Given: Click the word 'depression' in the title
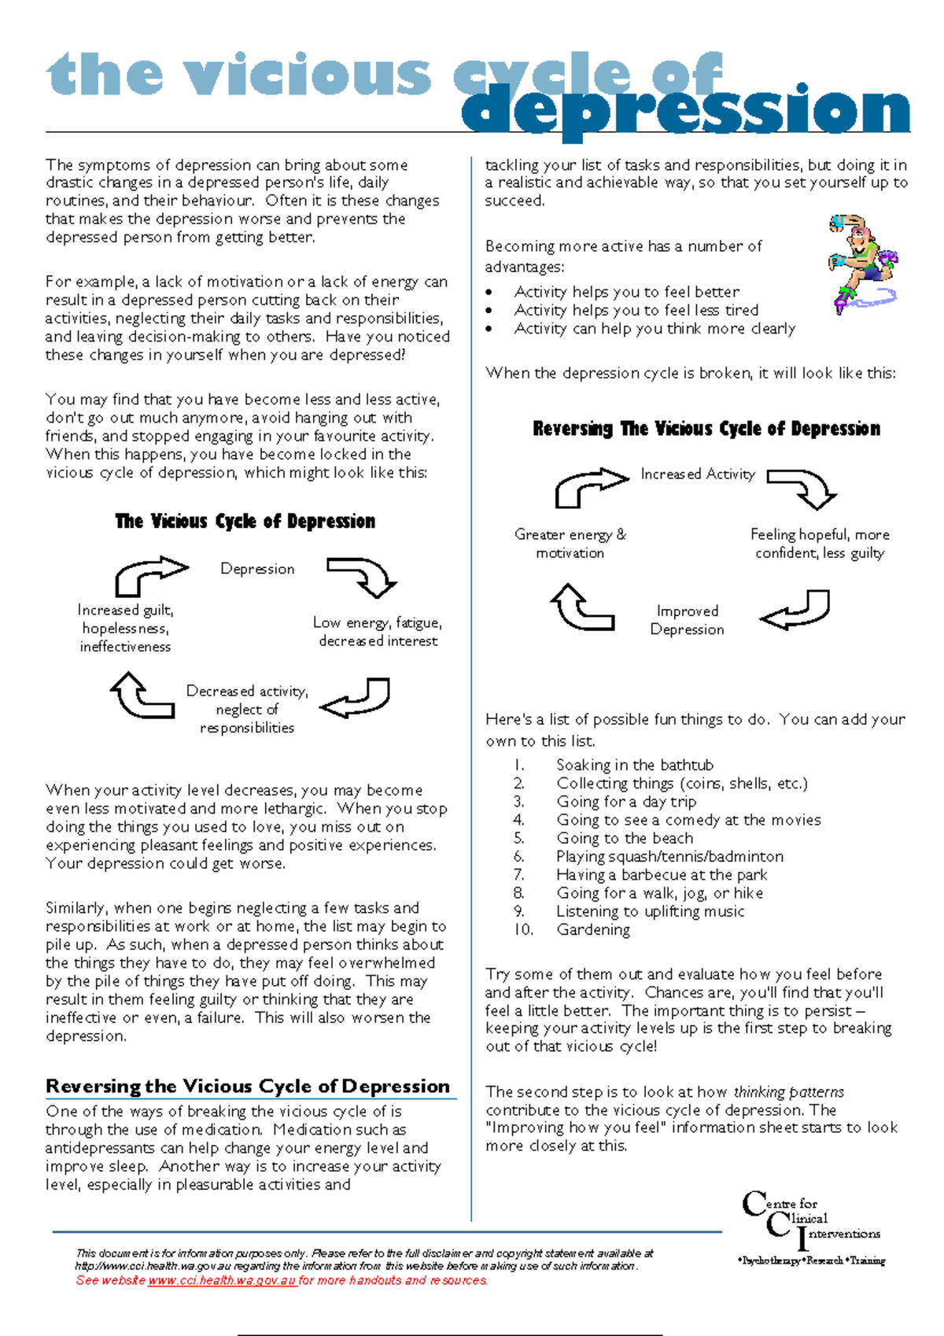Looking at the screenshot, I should click(x=684, y=111).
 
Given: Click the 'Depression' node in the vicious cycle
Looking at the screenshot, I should click(x=257, y=569).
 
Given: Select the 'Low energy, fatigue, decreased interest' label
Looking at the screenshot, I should click(x=378, y=632).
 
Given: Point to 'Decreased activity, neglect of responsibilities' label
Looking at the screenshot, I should click(x=247, y=709).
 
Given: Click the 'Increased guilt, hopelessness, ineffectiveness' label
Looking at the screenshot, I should click(x=125, y=628).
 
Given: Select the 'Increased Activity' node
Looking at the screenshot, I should click(x=698, y=474).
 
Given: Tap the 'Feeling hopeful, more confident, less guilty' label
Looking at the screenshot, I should click(x=820, y=544).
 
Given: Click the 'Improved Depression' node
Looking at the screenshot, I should click(x=688, y=620).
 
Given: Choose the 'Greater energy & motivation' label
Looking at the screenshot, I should click(x=570, y=544).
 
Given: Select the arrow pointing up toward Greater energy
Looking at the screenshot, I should click(x=581, y=608).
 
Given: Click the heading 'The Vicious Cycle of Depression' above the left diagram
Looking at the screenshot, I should click(x=245, y=522).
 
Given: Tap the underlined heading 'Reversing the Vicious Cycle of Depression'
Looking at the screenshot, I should click(x=248, y=1087).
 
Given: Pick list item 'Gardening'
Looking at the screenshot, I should click(x=593, y=930).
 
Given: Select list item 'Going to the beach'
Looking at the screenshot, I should click(x=625, y=838).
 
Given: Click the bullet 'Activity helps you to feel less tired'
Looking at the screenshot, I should click(x=636, y=310).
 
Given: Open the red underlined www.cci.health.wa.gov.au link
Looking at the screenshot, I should click(x=222, y=1280).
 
